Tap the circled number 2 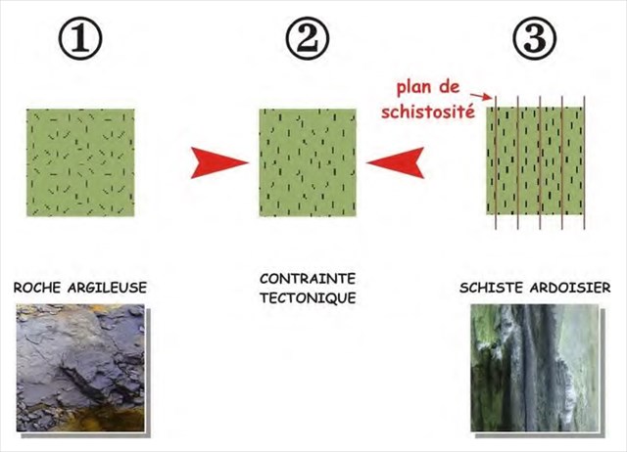pos(307,38)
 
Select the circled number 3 pos(535,38)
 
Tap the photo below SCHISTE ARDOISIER pos(535,367)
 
